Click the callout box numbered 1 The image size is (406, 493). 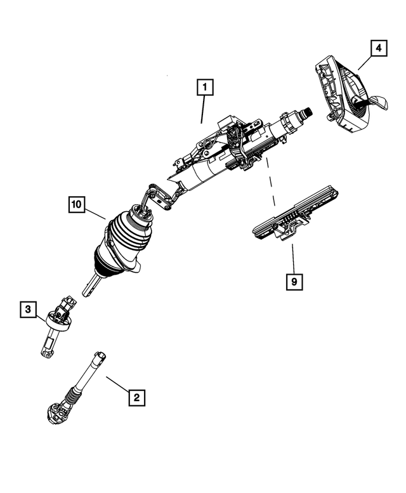pyautogui.click(x=205, y=87)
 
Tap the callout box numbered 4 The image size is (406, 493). pyautogui.click(x=377, y=48)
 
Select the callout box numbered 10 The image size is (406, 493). pyautogui.click(x=76, y=205)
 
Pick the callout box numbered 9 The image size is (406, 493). pyautogui.click(x=293, y=280)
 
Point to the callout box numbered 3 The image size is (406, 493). pyautogui.click(x=28, y=309)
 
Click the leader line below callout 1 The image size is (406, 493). pyautogui.click(x=203, y=109)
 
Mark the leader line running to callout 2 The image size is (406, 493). pyautogui.click(x=117, y=385)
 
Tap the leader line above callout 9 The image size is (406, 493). pyautogui.click(x=292, y=257)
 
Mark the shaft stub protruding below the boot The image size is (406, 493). pyautogui.click(x=91, y=287)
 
